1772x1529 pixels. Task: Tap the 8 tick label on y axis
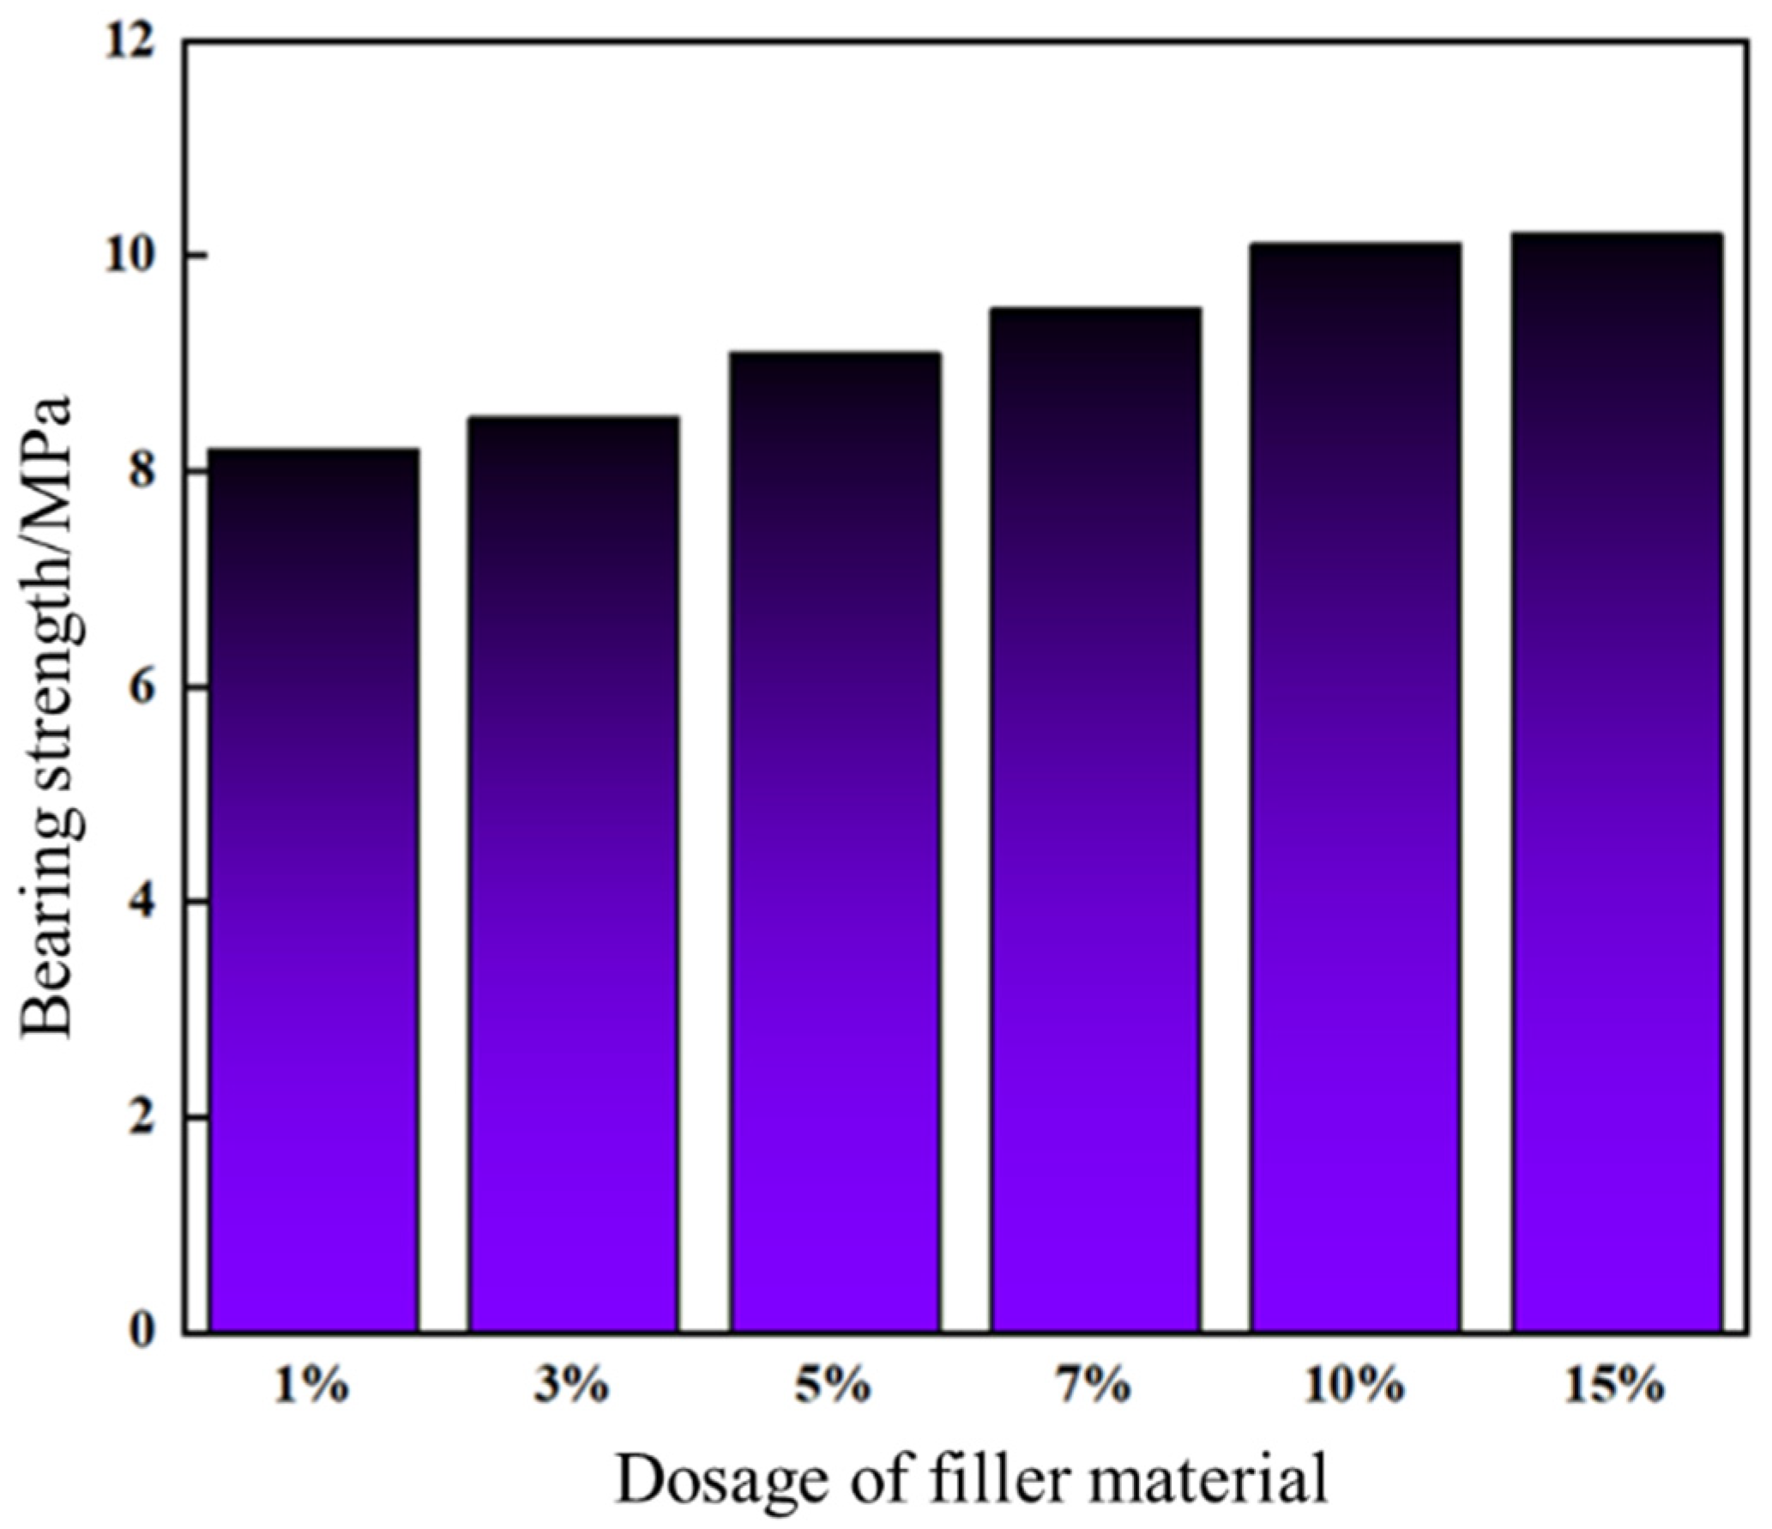(x=142, y=473)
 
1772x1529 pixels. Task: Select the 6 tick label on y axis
(x=142, y=688)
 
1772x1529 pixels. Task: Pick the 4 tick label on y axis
(x=142, y=903)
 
